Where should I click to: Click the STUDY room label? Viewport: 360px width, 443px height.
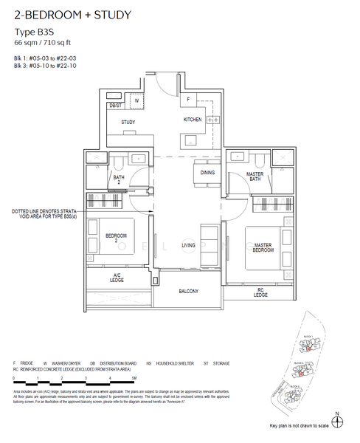click(x=127, y=123)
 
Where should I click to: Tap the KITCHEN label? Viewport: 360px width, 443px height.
click(x=193, y=120)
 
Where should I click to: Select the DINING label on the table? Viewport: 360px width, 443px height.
click(x=207, y=173)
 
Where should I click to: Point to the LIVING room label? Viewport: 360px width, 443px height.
click(x=188, y=244)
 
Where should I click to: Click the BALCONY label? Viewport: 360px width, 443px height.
click(x=188, y=291)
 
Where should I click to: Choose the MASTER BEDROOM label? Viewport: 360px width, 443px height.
click(x=263, y=248)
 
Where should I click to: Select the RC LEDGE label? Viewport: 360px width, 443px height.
click(x=260, y=292)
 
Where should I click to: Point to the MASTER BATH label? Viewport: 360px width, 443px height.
click(x=255, y=176)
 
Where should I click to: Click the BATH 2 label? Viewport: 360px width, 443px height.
click(x=119, y=179)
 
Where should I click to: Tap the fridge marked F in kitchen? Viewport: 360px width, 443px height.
click(x=188, y=99)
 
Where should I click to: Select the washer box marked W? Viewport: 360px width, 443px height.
click(x=136, y=99)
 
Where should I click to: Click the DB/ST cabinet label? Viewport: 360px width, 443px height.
click(x=115, y=106)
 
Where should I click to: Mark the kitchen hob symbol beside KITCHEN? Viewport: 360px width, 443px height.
click(x=212, y=120)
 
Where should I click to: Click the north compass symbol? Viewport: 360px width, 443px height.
click(x=337, y=422)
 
